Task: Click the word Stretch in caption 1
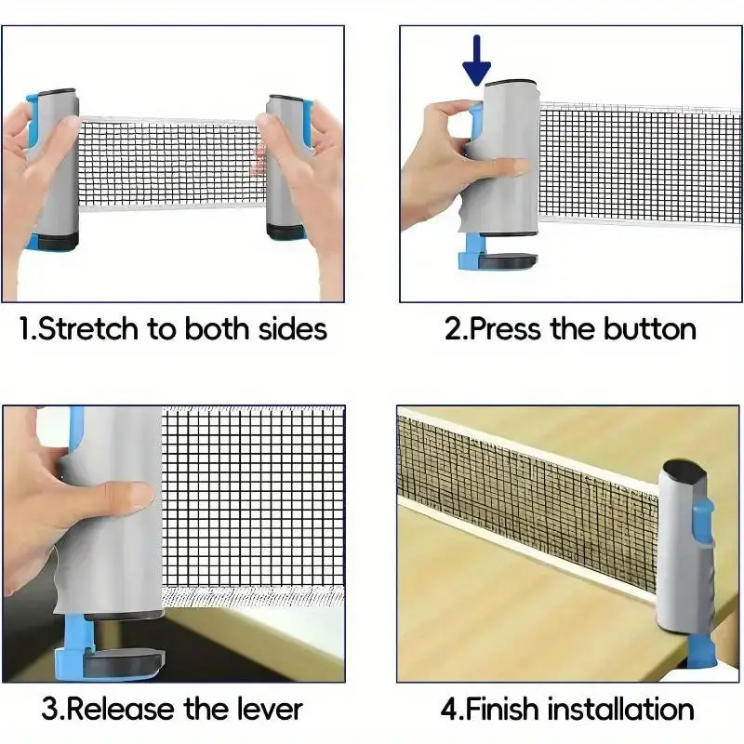point(90,328)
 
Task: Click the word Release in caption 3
point(124,710)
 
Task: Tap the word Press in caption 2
point(511,328)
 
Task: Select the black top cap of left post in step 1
point(58,95)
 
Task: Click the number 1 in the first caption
point(26,328)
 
